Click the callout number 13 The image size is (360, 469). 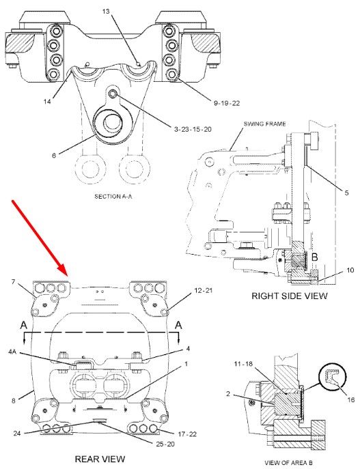[x=106, y=12]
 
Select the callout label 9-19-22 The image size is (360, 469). [x=227, y=103]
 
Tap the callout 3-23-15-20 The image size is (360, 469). [x=193, y=129]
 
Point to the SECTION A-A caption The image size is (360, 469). [x=113, y=197]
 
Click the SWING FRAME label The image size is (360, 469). [x=264, y=124]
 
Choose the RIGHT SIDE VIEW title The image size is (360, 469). [x=290, y=296]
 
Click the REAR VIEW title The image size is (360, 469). [x=100, y=459]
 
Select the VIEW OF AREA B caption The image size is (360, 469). [x=288, y=463]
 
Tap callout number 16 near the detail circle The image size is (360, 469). [x=350, y=399]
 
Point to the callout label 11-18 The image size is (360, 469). [x=243, y=364]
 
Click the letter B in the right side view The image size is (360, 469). [x=314, y=257]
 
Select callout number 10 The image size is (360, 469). [x=350, y=270]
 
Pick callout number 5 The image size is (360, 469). [x=346, y=193]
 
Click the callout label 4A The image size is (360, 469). [x=12, y=352]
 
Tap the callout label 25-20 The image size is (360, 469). [x=165, y=444]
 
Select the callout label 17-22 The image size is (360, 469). [x=187, y=434]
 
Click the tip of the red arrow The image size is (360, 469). [x=68, y=276]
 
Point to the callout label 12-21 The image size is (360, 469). [x=204, y=290]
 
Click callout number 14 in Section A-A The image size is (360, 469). [x=47, y=102]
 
